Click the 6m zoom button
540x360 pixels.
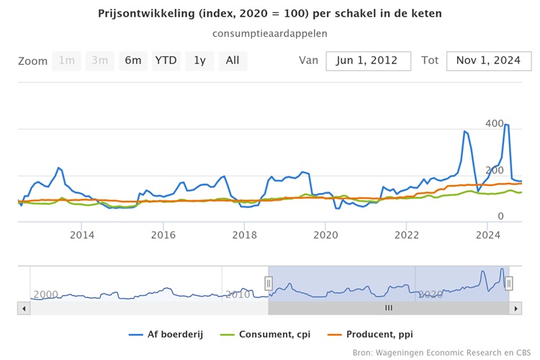tap(133, 60)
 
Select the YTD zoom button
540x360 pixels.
tap(166, 60)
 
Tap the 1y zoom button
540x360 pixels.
tap(199, 60)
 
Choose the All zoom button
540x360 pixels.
tap(233, 60)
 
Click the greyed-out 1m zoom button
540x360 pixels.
tap(67, 60)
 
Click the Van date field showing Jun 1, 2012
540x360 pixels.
tap(368, 60)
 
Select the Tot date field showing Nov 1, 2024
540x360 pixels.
tap(488, 60)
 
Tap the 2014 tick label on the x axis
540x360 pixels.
tap(82, 234)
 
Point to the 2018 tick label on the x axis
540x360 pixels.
tap(245, 234)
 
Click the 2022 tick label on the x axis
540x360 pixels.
tap(407, 234)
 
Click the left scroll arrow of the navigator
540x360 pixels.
tap(24, 307)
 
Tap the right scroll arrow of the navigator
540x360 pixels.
tap(515, 307)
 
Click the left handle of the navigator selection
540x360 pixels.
tap(269, 284)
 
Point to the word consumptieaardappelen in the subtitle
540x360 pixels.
tap(270, 33)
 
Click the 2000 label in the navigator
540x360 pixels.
tap(45, 294)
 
